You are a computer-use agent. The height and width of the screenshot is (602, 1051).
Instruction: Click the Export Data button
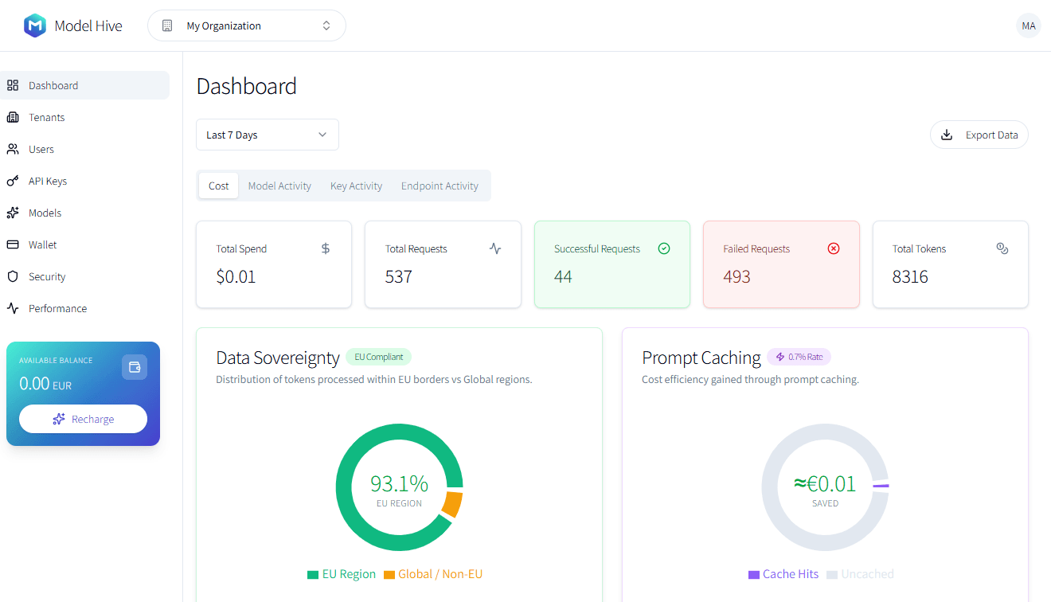(979, 135)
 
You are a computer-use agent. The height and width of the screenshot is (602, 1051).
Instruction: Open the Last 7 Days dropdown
(268, 135)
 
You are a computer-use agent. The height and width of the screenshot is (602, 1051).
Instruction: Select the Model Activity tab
(279, 186)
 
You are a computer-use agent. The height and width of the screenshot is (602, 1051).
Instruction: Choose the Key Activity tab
(356, 186)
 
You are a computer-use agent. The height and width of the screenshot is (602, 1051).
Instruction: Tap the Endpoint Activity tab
(440, 186)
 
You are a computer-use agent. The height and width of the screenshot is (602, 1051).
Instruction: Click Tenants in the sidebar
(46, 117)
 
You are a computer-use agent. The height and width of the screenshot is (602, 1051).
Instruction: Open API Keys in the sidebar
(47, 181)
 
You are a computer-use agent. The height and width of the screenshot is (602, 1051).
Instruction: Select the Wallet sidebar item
(42, 244)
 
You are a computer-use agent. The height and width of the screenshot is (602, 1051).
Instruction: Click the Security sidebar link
(47, 276)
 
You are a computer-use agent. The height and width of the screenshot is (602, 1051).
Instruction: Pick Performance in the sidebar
(57, 308)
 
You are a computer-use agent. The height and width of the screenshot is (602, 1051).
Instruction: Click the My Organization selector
(247, 25)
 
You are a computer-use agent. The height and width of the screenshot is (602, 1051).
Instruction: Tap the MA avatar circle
(1029, 25)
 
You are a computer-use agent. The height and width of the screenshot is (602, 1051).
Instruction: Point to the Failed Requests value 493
(737, 277)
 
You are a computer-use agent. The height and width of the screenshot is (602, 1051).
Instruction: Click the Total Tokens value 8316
(910, 277)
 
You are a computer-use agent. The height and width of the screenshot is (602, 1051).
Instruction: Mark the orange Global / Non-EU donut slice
(452, 504)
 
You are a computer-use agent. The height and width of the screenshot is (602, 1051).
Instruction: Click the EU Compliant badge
(378, 357)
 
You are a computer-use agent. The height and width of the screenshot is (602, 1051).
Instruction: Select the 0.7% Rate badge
(799, 357)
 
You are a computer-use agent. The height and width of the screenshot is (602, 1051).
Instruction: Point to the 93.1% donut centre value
(399, 483)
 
